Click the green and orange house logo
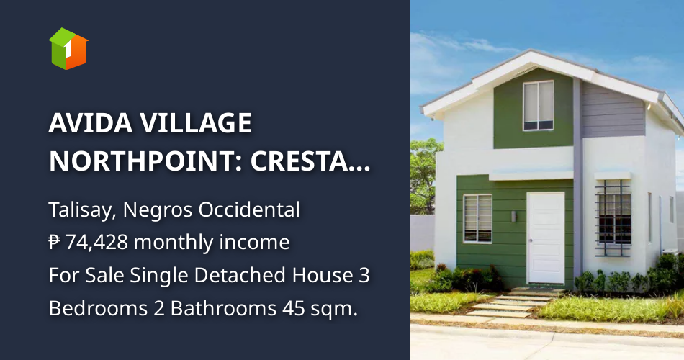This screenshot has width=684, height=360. tap(68, 48)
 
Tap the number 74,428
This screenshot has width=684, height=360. tap(96, 243)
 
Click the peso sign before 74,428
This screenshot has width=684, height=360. tap(55, 243)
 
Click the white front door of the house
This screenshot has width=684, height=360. tap(546, 238)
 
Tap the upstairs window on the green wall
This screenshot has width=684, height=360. tap(538, 105)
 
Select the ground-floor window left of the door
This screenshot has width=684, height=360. tap(477, 218)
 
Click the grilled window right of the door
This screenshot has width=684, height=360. tap(613, 215)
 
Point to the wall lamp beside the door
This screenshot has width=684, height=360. tap(513, 215)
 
